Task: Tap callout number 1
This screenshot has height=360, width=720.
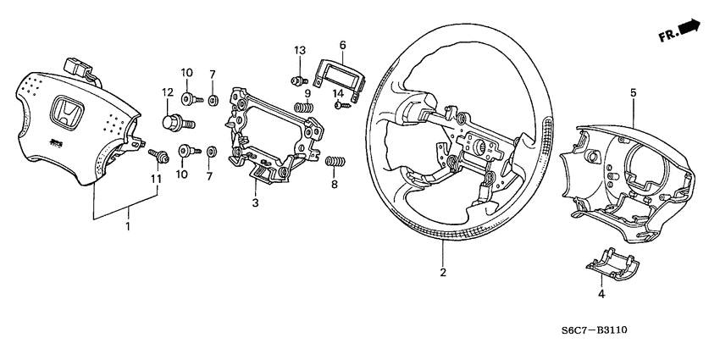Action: (128, 227)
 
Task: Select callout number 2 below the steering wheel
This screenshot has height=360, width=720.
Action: (442, 273)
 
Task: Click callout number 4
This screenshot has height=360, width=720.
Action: (601, 294)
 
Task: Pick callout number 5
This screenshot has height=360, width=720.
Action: (632, 91)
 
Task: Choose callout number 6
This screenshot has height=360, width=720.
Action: (342, 45)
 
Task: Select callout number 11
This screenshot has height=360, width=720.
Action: (154, 180)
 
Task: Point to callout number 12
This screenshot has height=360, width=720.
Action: (168, 92)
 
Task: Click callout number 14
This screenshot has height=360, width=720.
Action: (337, 93)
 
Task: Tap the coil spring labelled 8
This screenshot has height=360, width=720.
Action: (336, 162)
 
